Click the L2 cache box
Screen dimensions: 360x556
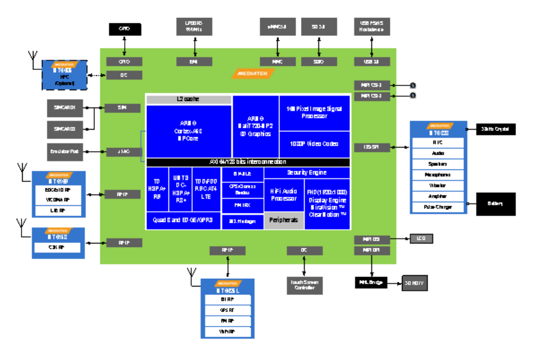click(188, 99)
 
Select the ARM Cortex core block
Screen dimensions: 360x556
click(188, 131)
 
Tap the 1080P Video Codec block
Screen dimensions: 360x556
click(314, 144)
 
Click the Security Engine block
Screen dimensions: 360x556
click(306, 173)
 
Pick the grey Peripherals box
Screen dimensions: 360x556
click(284, 220)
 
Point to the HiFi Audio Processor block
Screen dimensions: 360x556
click(284, 195)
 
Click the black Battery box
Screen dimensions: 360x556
click(495, 204)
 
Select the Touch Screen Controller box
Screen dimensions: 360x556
click(304, 285)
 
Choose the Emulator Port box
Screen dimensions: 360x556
click(66, 152)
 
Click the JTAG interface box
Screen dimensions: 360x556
click(122, 152)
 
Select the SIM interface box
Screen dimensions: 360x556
click(122, 108)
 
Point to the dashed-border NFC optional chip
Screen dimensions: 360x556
click(64, 75)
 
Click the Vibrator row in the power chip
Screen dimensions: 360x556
click(438, 186)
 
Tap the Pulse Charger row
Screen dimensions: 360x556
click(438, 207)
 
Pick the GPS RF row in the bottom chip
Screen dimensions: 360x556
click(227, 310)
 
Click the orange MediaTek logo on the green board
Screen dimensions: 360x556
click(253, 73)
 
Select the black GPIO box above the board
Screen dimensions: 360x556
click(124, 29)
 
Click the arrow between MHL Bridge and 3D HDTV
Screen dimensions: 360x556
click(394, 282)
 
